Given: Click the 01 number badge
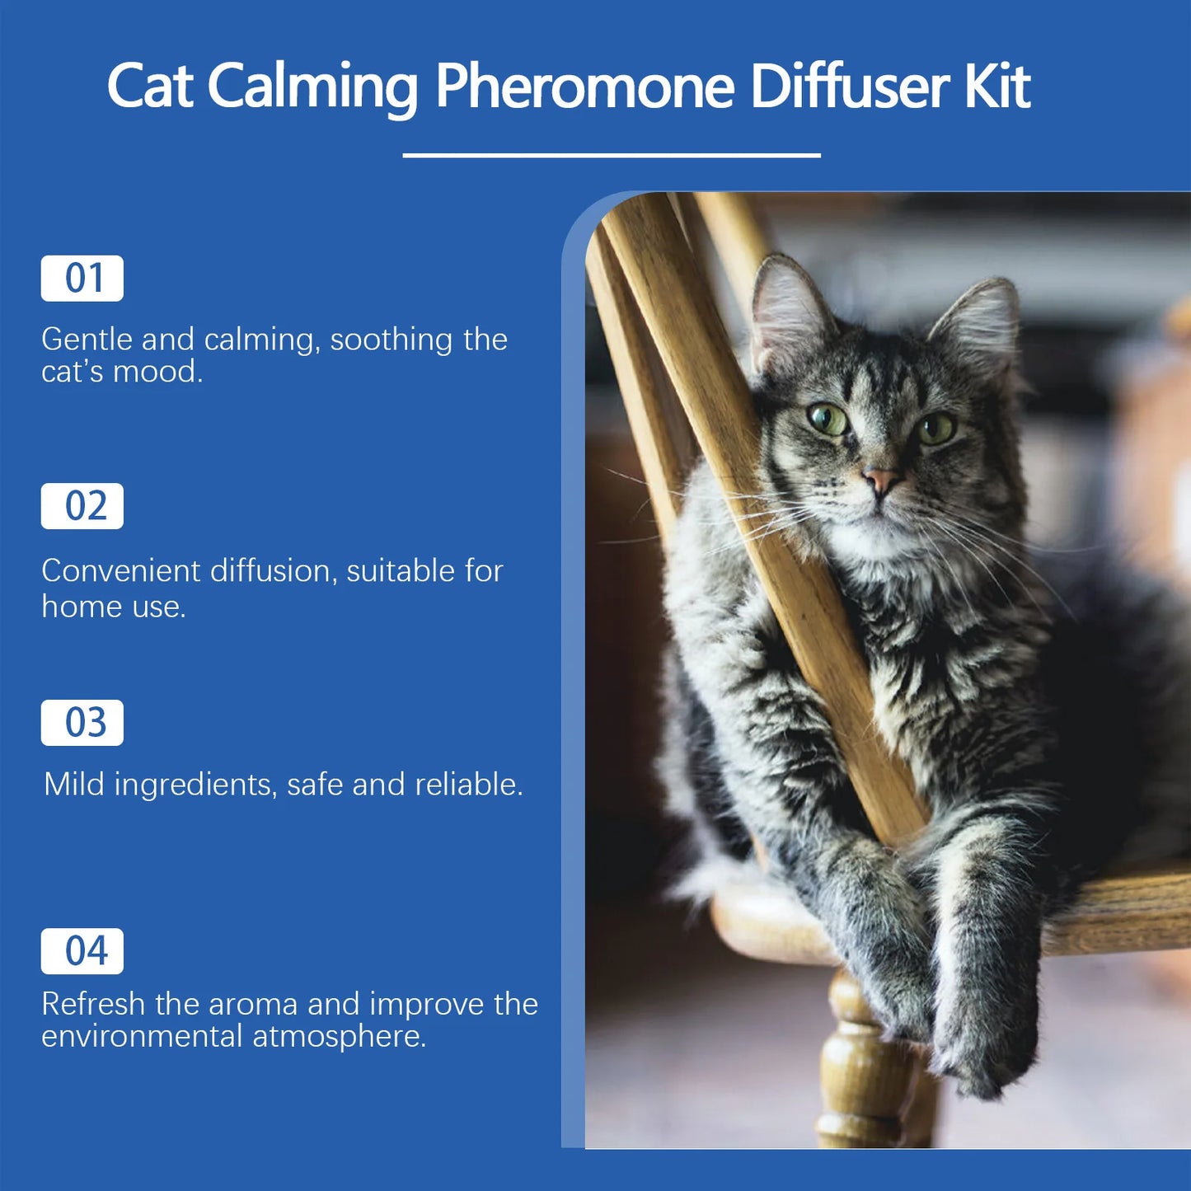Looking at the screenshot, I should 82,279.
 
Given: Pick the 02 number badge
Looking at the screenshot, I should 82,506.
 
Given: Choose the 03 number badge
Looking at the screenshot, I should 82,723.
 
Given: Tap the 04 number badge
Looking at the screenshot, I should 82,951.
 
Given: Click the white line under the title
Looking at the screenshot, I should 611,155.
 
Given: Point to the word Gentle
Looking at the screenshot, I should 87,340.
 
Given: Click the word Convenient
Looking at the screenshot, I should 121,570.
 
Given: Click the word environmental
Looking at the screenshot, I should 142,1036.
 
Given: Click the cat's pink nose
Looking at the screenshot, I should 879,479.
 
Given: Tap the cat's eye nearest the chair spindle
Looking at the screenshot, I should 828,420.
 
